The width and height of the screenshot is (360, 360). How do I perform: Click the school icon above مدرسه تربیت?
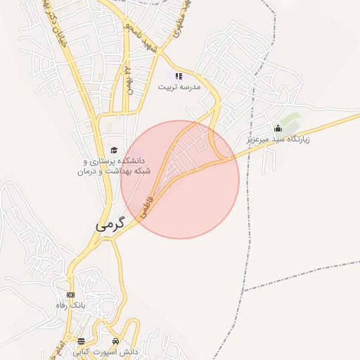(179, 76)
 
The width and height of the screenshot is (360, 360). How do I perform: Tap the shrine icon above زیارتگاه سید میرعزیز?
(278, 128)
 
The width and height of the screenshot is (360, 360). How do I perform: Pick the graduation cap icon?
(113, 150)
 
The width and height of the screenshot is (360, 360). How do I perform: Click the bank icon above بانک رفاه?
(70, 295)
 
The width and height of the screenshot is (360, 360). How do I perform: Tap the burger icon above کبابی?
(81, 341)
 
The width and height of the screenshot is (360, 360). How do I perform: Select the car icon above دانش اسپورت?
(116, 341)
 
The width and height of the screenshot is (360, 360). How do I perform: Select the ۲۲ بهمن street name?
(129, 79)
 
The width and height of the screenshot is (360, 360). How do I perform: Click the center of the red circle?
(180, 180)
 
